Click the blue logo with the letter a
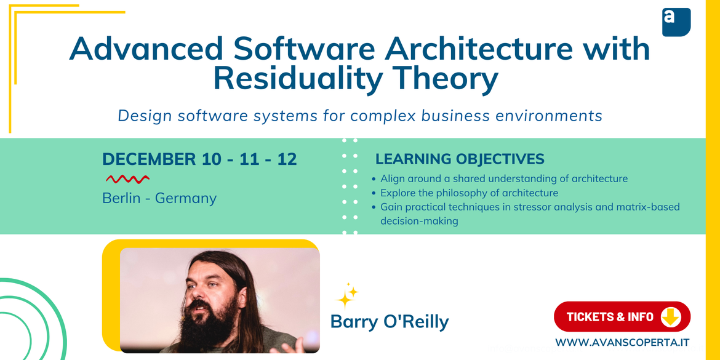[x=676, y=22]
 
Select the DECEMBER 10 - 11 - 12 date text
[x=199, y=159]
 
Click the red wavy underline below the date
[x=127, y=179]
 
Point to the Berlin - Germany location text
[x=159, y=198]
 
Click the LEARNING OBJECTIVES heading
[x=460, y=159]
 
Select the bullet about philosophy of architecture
[x=469, y=193]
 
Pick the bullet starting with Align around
[x=503, y=178]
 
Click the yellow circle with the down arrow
[x=670, y=317]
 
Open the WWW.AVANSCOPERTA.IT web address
[x=622, y=342]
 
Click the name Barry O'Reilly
[x=390, y=322]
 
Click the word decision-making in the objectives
[x=419, y=221]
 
